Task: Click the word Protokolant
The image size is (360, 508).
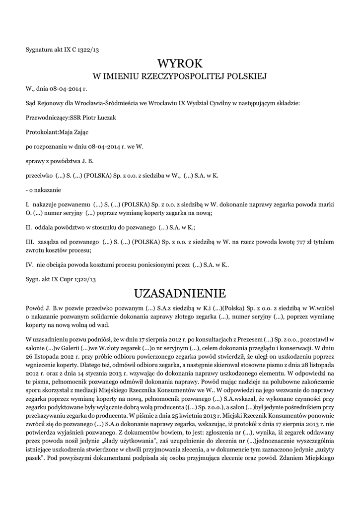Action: pyautogui.click(x=41, y=132)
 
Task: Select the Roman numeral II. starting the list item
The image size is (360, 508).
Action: pyautogui.click(x=28, y=228)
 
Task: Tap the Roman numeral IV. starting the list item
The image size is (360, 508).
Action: pyautogui.click(x=29, y=265)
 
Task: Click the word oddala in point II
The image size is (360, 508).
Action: pyautogui.click(x=44, y=228)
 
